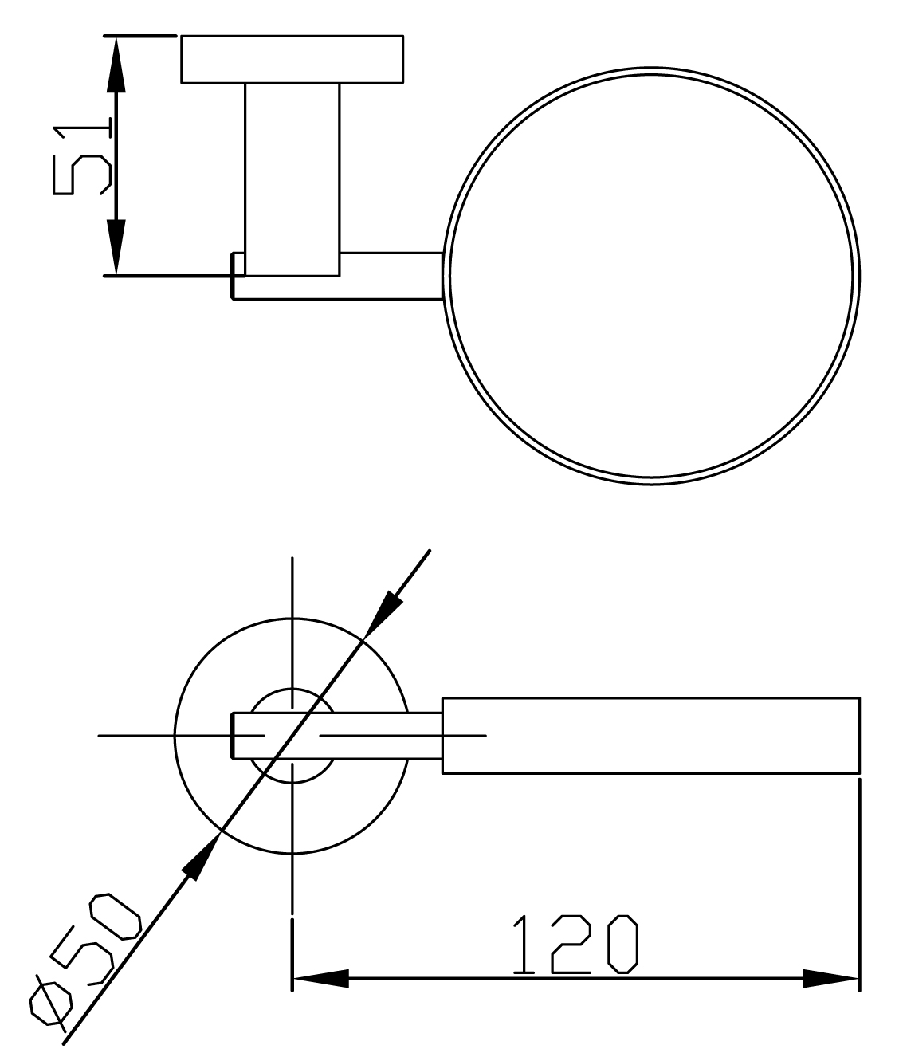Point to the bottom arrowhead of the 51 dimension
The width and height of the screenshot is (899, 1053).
coord(116,248)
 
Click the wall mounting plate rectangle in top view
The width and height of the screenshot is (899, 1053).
coord(292,60)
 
